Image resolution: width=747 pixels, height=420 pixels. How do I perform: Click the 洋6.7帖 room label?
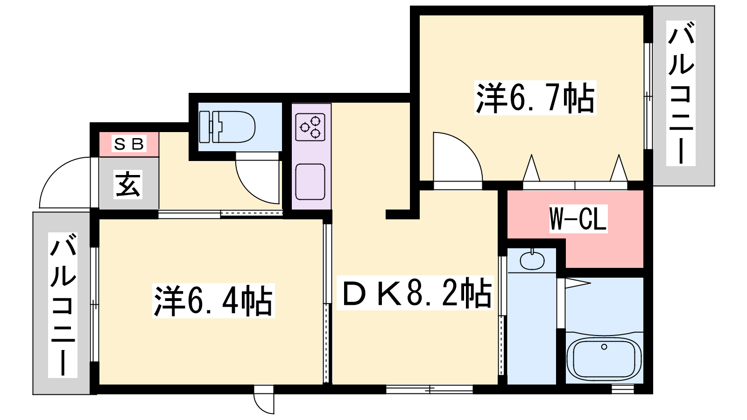pos(535,98)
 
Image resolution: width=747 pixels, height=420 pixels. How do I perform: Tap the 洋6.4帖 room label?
pos(213,301)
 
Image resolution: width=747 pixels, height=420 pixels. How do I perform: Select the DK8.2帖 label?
pos(415,293)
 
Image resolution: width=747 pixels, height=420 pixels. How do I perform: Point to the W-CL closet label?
pos(578,219)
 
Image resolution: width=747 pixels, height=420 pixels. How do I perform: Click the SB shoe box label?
pos(129,144)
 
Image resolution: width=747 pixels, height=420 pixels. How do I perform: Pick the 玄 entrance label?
pos(128,184)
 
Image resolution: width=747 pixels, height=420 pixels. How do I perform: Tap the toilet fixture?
pos(227,126)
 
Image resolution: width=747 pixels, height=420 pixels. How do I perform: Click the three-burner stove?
pos(310,127)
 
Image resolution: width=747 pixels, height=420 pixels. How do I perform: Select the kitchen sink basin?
pos(310,182)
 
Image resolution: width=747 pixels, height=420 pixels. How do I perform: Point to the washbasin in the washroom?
pos(532,260)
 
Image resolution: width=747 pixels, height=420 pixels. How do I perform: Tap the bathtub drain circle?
pos(604,347)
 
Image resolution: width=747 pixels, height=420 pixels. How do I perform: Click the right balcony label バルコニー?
pos(681,93)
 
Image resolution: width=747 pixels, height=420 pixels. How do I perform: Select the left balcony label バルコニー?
pos(63,305)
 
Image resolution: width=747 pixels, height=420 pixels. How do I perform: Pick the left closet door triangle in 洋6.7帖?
pos(531,168)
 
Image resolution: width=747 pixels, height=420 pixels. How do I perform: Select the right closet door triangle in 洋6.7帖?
pos(619,168)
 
